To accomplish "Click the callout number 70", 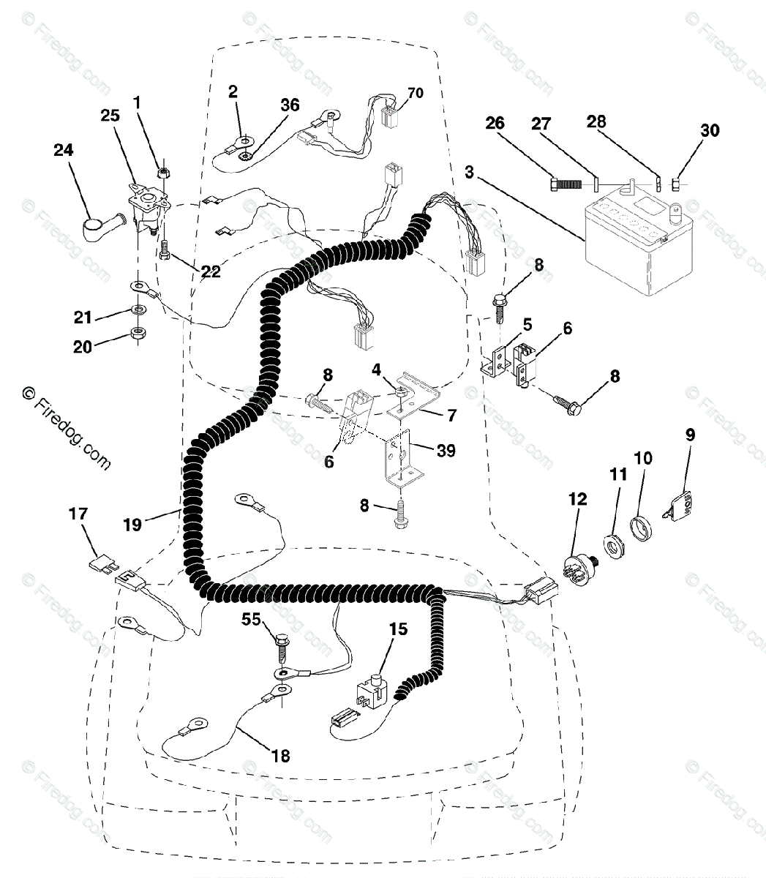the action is [x=416, y=93].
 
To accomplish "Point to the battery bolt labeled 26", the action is [x=564, y=184].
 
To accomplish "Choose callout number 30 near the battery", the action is [x=710, y=130].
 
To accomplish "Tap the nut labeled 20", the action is [x=137, y=335].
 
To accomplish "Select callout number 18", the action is [x=280, y=756].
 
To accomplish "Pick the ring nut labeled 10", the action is [x=642, y=525].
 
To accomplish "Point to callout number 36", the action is [x=290, y=105].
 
